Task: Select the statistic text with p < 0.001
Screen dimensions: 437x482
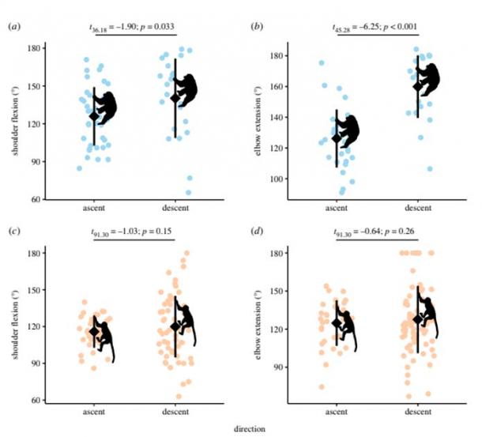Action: [374, 26]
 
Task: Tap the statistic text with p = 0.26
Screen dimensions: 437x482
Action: [374, 231]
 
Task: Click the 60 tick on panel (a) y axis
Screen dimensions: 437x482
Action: [34, 199]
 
